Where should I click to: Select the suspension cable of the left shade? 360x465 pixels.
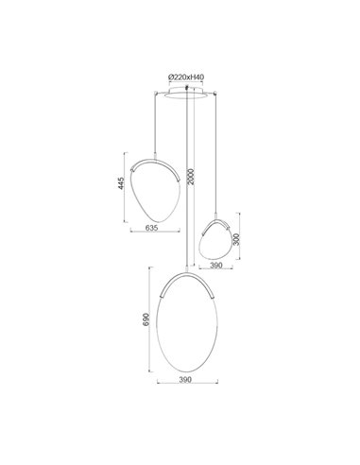click(155, 123)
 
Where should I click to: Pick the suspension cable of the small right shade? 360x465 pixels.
click(220, 151)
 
